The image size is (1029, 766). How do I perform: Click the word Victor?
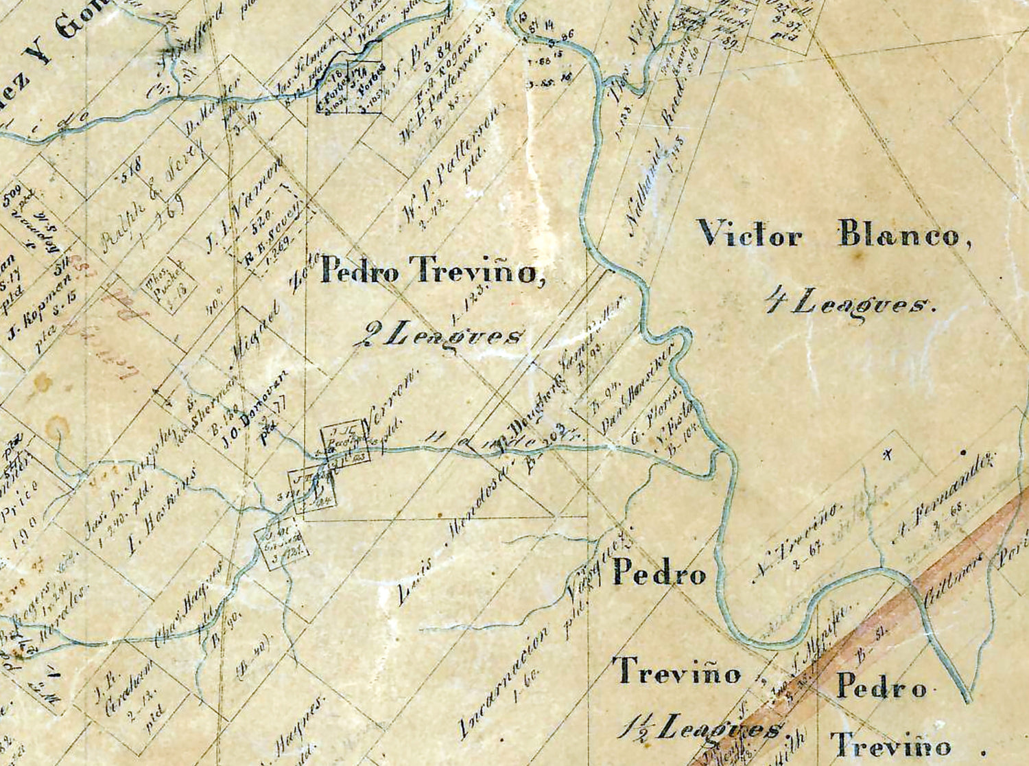pyautogui.click(x=749, y=235)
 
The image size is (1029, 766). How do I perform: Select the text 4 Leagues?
pyautogui.click(x=851, y=302)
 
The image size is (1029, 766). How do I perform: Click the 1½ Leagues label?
pyautogui.click(x=700, y=727)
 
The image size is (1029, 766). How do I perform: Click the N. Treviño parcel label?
pyautogui.click(x=796, y=542)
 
